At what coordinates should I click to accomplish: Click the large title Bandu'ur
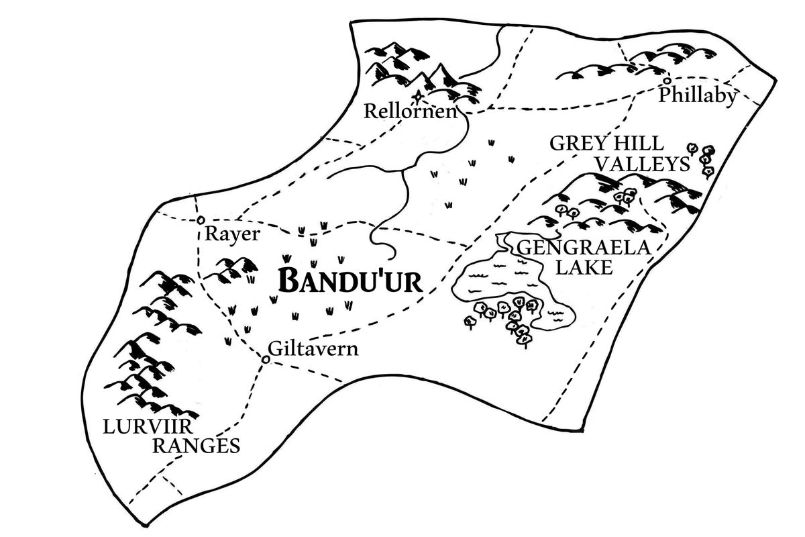tap(350, 281)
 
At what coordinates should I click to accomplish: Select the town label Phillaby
tap(697, 96)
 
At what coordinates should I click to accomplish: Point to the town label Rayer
tap(231, 234)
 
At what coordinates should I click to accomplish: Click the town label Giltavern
tap(313, 350)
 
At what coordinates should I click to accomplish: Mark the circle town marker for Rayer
tap(200, 220)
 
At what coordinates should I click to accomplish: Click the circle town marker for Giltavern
tap(265, 360)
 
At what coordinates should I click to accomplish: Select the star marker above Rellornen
tap(419, 96)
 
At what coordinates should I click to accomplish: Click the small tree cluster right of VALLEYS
tap(702, 158)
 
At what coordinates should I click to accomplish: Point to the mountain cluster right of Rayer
tap(231, 268)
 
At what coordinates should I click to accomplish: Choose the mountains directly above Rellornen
tap(416, 67)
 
